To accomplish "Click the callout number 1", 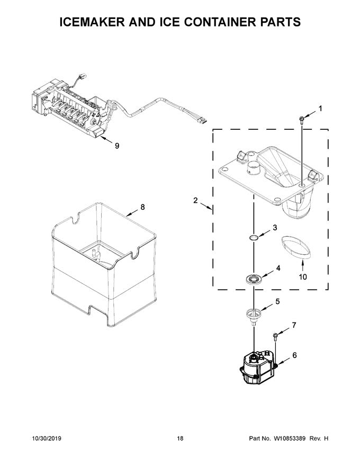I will (x=320, y=109).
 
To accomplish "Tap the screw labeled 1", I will (x=301, y=120).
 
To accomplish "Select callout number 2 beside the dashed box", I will (x=195, y=200).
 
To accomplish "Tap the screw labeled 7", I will (x=276, y=336).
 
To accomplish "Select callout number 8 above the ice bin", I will (x=142, y=207).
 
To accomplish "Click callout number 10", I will (x=303, y=276).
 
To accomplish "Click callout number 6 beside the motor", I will (x=294, y=356).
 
